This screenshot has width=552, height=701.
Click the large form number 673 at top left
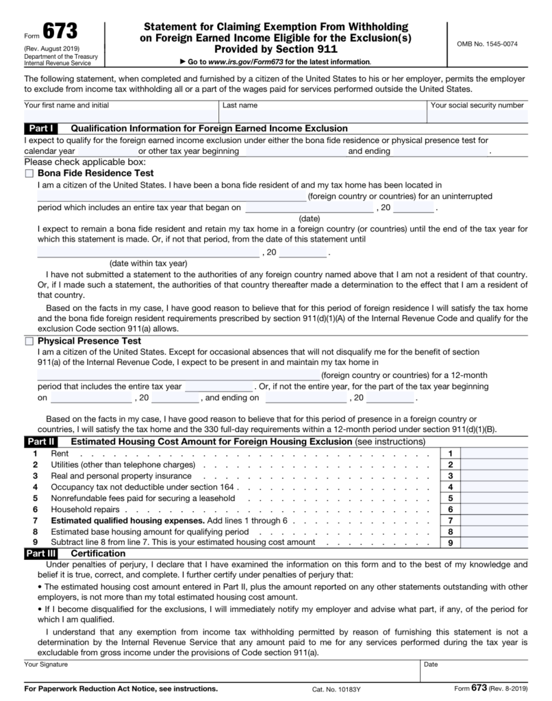coord(60,31)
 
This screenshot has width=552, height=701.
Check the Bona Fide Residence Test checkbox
coord(29,174)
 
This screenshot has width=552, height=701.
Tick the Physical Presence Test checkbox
coord(29,341)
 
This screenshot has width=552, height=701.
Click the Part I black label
coord(42,129)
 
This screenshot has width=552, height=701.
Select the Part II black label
coord(42,442)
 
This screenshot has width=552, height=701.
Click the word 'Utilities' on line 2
coord(68,465)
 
